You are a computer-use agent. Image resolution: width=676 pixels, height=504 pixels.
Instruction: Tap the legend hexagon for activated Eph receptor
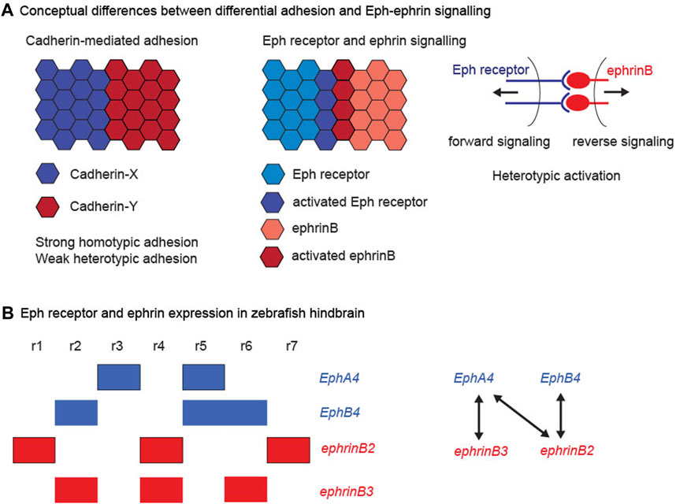[276, 202]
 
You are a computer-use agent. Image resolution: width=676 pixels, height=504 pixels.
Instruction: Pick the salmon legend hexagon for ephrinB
[276, 226]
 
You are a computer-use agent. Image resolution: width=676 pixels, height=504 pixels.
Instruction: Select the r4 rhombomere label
[160, 345]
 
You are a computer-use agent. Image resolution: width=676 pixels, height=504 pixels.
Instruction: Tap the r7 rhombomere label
[289, 345]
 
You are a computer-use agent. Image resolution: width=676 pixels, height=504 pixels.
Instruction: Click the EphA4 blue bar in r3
[118, 377]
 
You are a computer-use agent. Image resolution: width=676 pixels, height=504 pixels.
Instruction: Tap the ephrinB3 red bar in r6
[246, 487]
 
